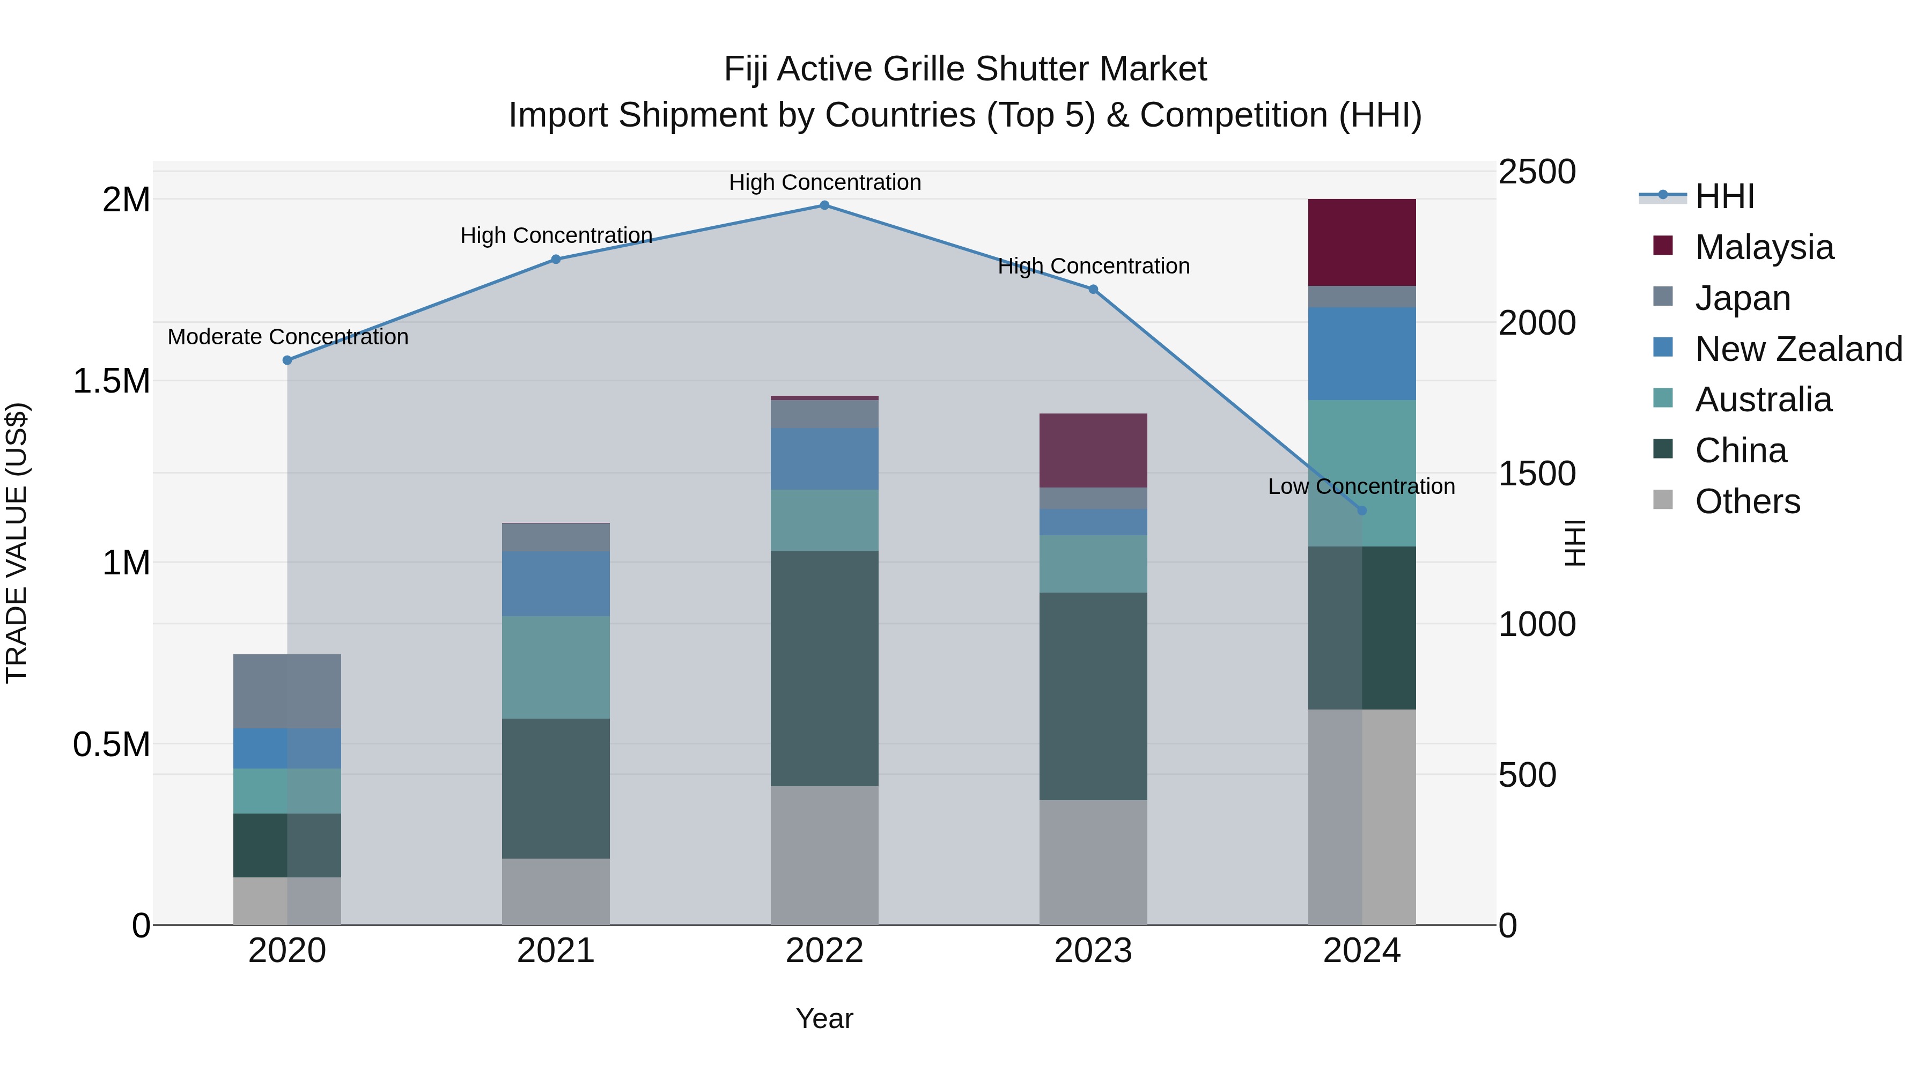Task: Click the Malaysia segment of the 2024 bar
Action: (x=1361, y=242)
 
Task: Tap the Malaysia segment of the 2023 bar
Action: (x=1093, y=450)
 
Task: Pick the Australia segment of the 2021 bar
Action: (x=556, y=667)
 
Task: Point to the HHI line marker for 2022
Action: (x=824, y=205)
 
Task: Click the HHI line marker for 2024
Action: (x=1361, y=511)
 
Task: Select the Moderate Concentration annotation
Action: (x=288, y=337)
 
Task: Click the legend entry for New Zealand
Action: (x=1797, y=349)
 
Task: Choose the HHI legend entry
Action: (x=1724, y=196)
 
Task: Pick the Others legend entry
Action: (x=1746, y=501)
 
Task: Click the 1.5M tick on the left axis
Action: (x=111, y=381)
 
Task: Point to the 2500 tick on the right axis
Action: (x=1536, y=172)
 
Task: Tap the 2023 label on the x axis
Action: (x=1093, y=951)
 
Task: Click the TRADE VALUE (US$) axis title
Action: (x=17, y=543)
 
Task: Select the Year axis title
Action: (x=824, y=1018)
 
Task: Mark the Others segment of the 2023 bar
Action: (x=1093, y=862)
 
